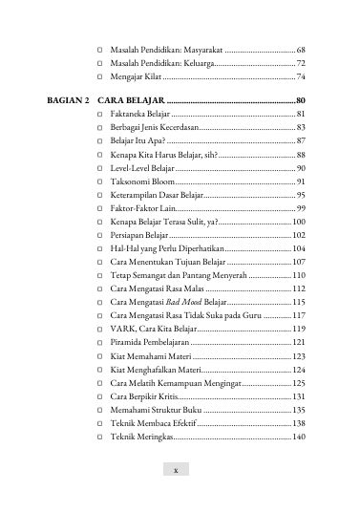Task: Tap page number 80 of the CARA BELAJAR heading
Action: pos(301,100)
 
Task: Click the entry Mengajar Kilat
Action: pos(136,75)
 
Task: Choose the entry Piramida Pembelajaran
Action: pos(150,341)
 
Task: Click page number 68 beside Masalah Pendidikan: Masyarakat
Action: pos(301,48)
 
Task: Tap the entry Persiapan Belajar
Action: pos(140,234)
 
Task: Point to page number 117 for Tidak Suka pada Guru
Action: pos(299,314)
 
